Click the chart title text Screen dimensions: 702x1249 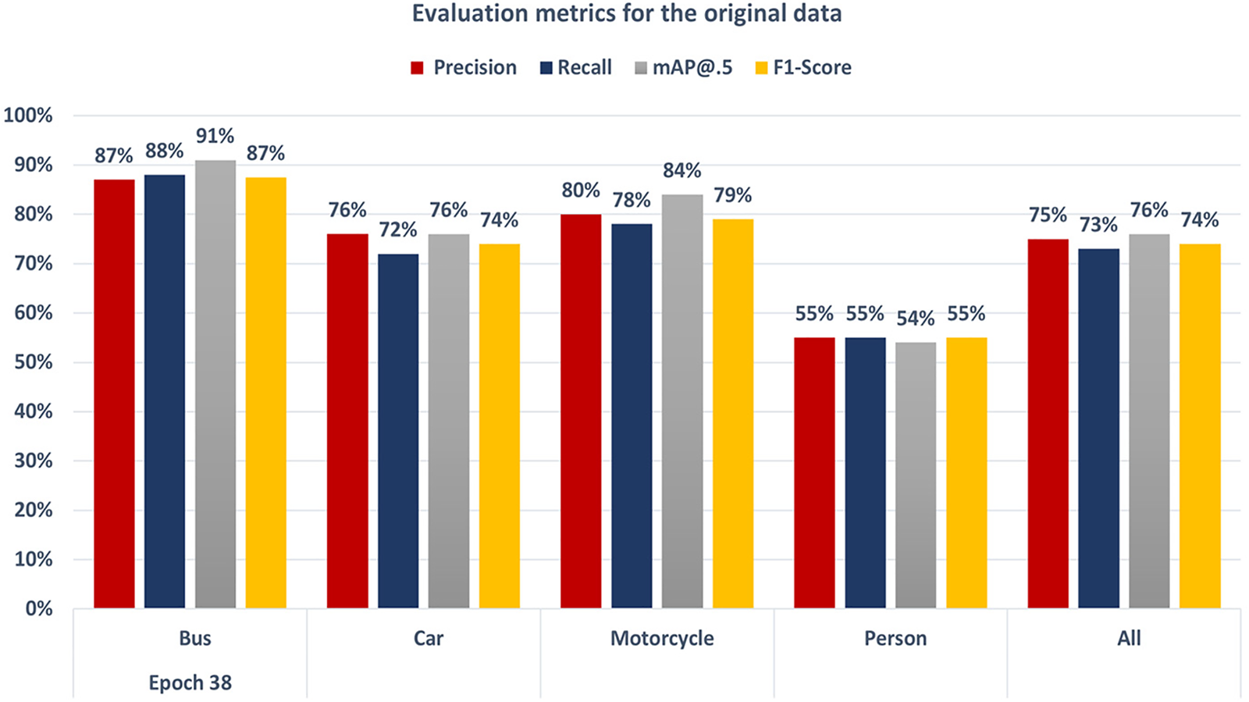(626, 14)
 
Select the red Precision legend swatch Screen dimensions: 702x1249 (418, 68)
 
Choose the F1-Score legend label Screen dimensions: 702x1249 (812, 68)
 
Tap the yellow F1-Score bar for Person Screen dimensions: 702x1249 (966, 472)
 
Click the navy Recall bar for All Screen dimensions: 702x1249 (1098, 429)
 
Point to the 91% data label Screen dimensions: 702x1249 (215, 136)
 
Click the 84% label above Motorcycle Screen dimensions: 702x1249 (682, 170)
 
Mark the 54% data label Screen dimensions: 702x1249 (916, 319)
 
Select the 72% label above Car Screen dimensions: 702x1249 (398, 230)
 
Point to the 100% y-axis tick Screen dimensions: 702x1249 (28, 116)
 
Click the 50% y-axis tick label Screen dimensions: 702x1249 (33, 362)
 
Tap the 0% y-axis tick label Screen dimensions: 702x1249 (38, 609)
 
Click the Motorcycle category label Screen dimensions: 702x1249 (662, 638)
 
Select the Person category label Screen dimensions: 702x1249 (895, 638)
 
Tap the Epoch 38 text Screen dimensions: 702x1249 (190, 682)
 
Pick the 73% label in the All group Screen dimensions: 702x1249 (1098, 225)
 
